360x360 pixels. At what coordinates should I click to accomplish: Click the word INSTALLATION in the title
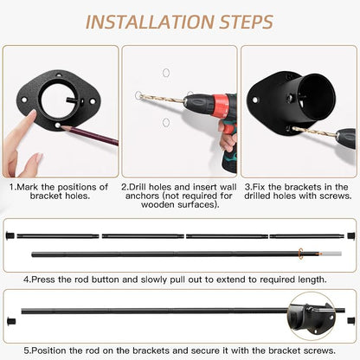coord(150,22)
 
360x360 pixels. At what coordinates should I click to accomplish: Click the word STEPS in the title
coord(246,22)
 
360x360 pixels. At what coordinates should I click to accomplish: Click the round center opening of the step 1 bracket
coord(58,100)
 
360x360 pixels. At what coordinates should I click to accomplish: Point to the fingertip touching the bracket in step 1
coord(31,113)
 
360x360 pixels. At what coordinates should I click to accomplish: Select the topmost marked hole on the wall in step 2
coord(166,73)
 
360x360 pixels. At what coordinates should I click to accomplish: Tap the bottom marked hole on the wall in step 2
coord(165,122)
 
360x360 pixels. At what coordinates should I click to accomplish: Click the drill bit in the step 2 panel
coord(162,99)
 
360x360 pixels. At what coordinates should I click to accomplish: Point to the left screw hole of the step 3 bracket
coord(255,100)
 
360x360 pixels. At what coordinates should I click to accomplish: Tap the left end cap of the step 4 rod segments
coord(10,235)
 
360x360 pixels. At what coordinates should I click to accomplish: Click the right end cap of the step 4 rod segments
coord(350,235)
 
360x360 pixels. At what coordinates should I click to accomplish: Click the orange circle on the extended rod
coord(301,254)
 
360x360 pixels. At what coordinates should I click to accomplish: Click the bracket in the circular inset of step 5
coord(312,318)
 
